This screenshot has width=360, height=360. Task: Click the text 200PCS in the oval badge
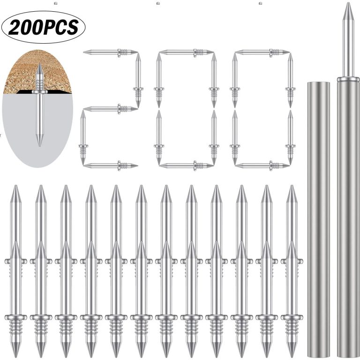click(44, 27)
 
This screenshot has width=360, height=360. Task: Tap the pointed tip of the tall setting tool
click(348, 3)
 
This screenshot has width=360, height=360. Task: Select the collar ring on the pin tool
click(348, 79)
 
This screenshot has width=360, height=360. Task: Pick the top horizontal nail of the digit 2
click(111, 52)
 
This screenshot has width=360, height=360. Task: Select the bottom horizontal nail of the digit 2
click(111, 165)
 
